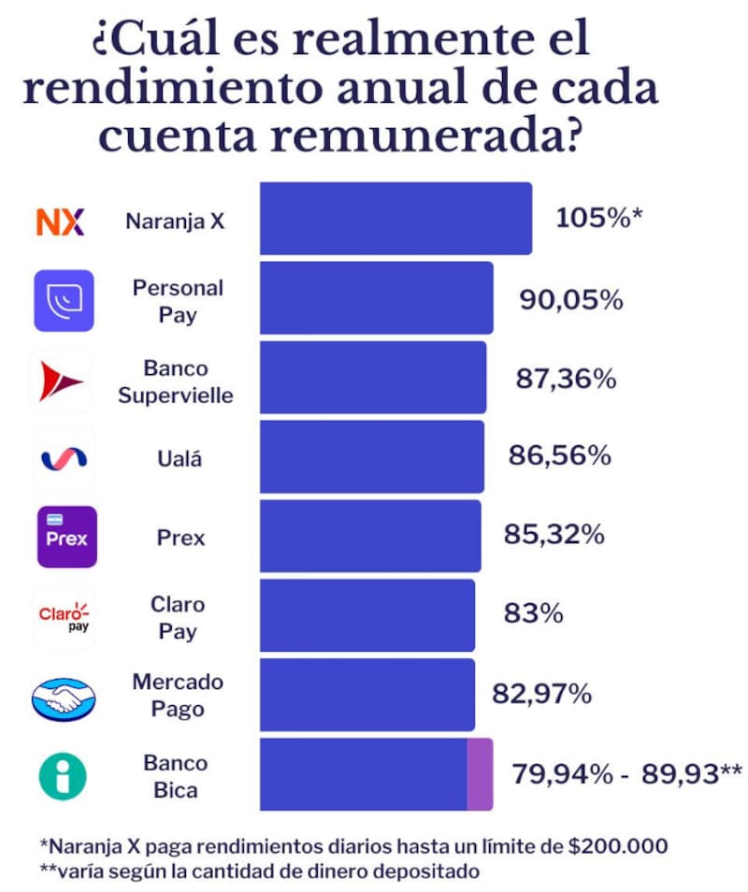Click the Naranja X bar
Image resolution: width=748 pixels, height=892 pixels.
coord(396,218)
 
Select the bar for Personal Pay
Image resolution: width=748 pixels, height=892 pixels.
coord(376,297)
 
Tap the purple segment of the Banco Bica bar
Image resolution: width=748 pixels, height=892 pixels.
coord(480,774)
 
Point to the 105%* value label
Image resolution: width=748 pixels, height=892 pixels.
coord(599,219)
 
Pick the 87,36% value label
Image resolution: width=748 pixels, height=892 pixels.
coord(566,379)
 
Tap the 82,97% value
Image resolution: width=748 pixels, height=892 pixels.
coord(541,695)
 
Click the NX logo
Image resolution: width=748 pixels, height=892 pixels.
coord(60,222)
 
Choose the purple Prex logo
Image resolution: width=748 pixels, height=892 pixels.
coord(66,537)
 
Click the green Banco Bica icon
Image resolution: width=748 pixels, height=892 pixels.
coord(63,776)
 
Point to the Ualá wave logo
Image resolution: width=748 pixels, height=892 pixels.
coord(63,457)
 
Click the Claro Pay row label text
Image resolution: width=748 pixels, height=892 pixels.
coord(178,617)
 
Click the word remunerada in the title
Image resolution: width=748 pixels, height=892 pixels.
coord(421,135)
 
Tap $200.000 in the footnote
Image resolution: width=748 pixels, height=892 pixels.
coord(618,847)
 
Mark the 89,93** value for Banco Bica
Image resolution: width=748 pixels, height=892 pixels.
coord(691,774)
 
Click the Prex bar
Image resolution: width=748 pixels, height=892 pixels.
coord(370,536)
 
